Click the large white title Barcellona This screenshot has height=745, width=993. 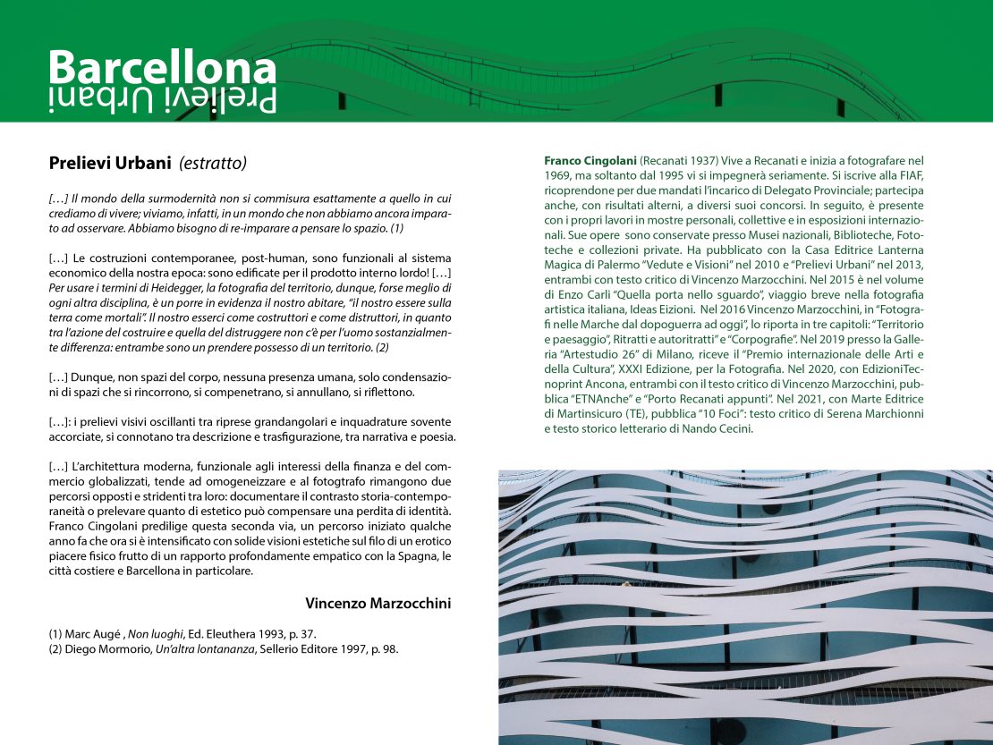(162, 68)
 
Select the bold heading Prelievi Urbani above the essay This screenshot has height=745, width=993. (109, 163)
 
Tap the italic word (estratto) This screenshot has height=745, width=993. (213, 163)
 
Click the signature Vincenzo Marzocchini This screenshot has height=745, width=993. (378, 603)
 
